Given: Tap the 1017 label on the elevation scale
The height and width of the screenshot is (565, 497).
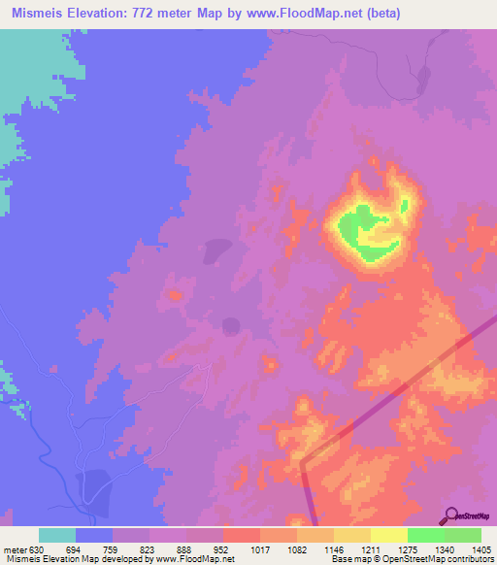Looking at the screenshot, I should pos(259,548).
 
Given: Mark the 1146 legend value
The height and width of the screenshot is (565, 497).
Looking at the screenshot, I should pos(333,548).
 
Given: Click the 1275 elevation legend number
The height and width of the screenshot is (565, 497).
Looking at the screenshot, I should pos(407,548).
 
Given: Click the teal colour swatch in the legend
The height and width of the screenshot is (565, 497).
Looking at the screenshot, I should pos(57,535).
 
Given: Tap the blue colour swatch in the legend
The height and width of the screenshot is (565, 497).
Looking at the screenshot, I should pos(94,535).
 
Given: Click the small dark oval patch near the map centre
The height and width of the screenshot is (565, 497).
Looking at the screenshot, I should pos(231,325).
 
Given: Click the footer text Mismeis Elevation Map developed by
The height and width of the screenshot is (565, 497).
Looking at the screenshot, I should pos(77,560).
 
